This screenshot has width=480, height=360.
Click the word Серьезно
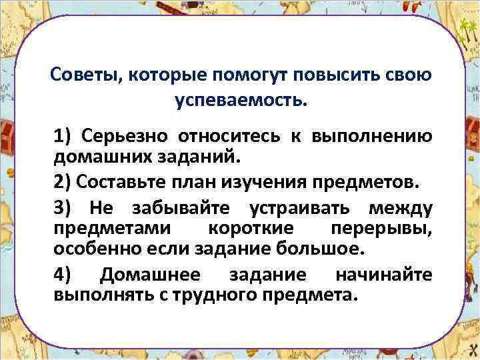pos(125,136)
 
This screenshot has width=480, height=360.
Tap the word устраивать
pos(296,209)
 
